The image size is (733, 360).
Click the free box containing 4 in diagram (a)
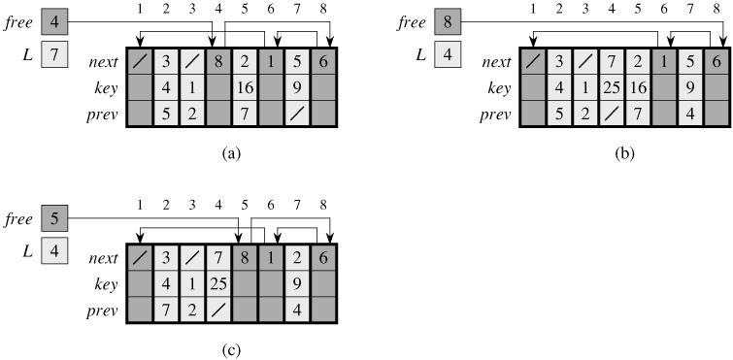tap(54, 22)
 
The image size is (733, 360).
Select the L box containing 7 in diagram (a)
tap(54, 54)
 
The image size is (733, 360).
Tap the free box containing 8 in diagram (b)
tap(448, 22)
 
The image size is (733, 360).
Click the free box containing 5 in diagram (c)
tap(54, 218)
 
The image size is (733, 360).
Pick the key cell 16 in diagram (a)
tap(245, 87)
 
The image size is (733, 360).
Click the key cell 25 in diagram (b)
tap(612, 87)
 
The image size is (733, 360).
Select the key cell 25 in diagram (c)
tap(218, 284)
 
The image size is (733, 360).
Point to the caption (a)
tap(232, 153)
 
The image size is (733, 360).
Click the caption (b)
tap(624, 153)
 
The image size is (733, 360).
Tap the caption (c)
tap(232, 350)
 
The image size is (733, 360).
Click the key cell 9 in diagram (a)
tap(297, 87)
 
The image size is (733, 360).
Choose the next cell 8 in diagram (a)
tap(218, 61)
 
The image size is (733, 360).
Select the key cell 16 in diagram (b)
tap(638, 87)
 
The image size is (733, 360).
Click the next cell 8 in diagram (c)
tap(245, 258)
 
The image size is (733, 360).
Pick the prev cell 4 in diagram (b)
tap(690, 115)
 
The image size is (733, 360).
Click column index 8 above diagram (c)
tap(323, 205)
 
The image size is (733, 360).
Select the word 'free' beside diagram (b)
tap(412, 22)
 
